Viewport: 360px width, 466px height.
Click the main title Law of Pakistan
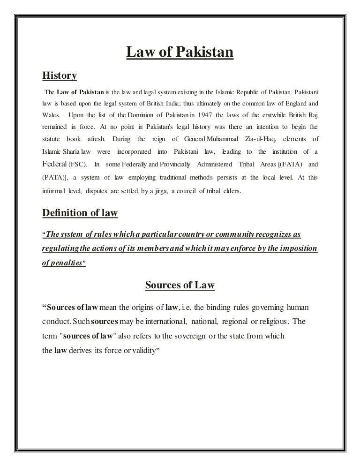180,53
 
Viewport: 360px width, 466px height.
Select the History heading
60,75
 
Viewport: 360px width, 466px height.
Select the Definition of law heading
80,213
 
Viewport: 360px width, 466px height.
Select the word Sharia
69,152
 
